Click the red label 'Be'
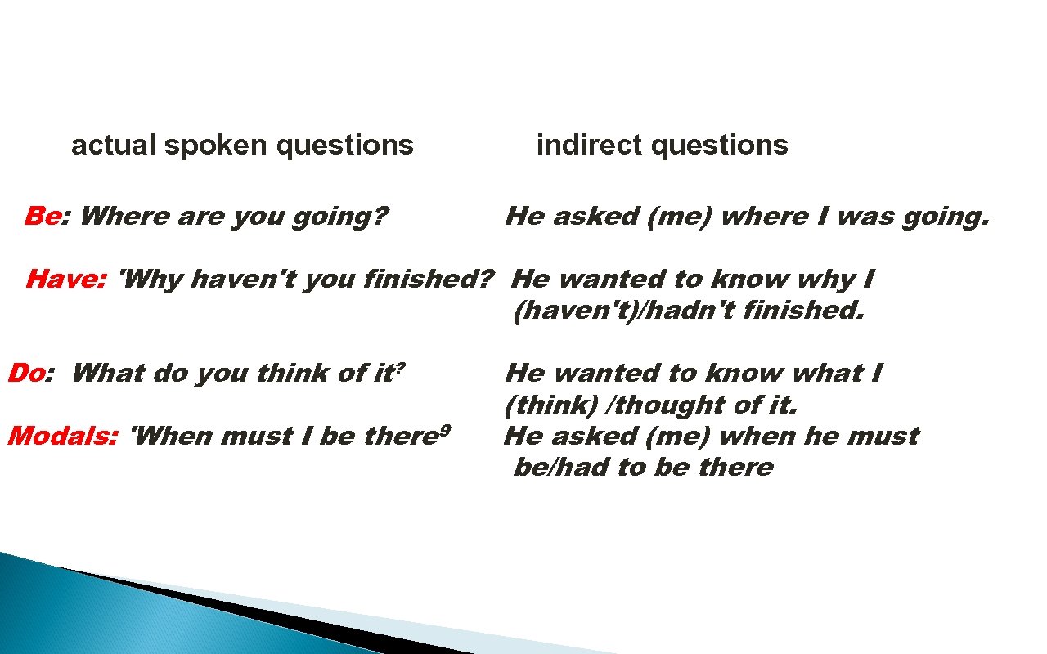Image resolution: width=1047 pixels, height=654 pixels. [43, 217]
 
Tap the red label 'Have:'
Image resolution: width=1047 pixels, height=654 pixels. [65, 280]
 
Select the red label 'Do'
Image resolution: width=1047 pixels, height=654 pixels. [25, 374]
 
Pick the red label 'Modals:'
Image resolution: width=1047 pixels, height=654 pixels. [62, 437]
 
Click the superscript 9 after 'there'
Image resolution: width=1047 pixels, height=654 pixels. [444, 429]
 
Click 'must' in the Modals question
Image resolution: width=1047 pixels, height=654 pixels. [257, 437]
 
